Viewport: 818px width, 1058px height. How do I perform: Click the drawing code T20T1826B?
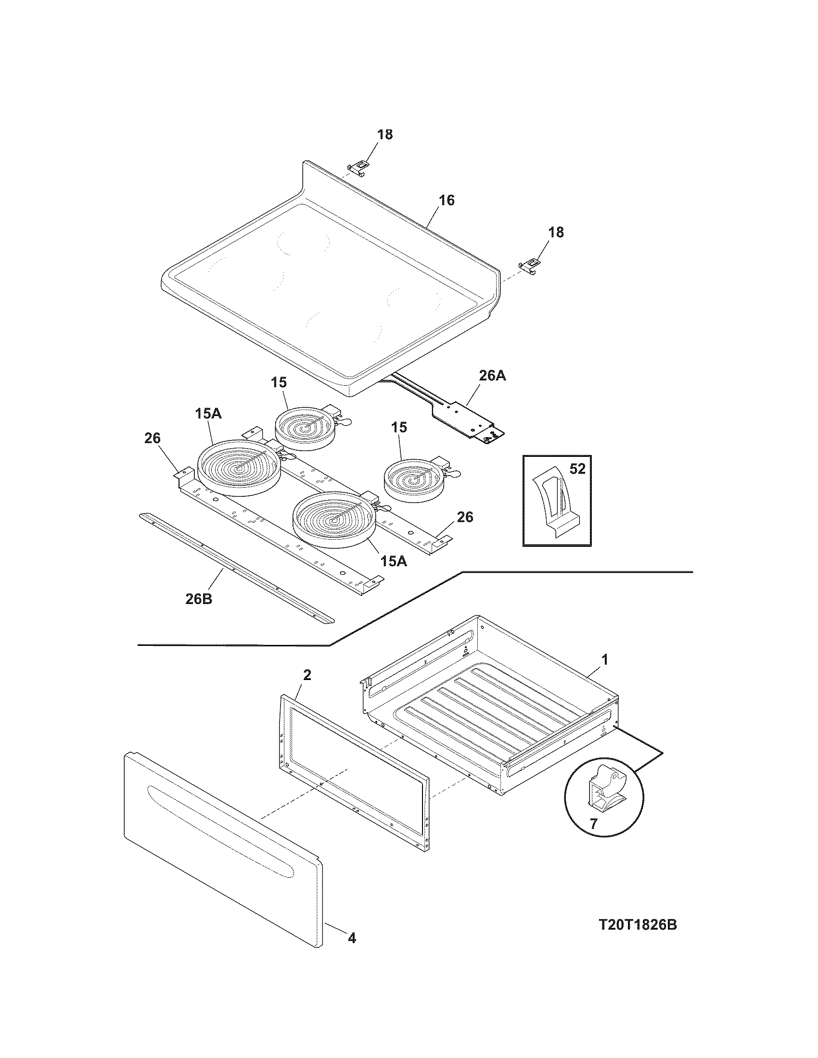coord(637,925)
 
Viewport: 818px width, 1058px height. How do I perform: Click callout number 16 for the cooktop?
coord(447,200)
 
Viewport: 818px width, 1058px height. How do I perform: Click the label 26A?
coord(492,376)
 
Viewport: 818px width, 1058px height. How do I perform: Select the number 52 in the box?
coord(577,469)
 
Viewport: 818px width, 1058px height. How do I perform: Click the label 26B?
coord(199,599)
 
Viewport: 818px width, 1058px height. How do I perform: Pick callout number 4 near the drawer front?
coord(352,951)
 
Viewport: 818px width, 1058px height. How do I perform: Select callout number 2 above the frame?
coord(307,675)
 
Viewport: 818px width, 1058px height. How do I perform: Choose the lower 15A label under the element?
coord(393,561)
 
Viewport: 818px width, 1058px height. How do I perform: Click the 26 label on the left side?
coord(152,439)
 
